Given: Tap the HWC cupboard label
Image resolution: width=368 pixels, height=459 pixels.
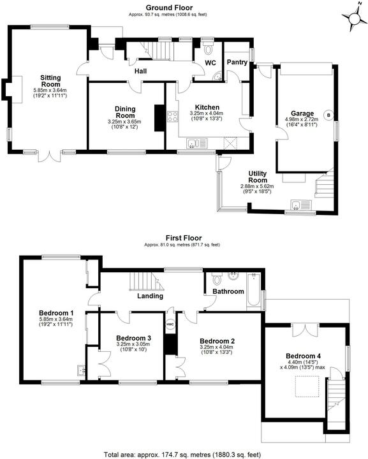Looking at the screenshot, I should point(170,324).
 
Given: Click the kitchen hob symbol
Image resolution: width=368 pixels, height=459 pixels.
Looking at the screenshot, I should point(172,116).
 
